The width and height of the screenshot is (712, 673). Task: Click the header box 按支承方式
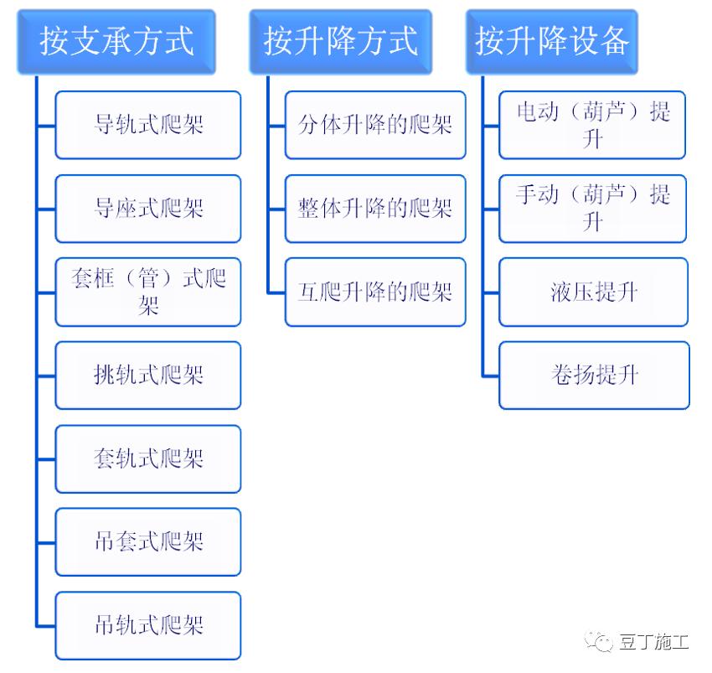(116, 41)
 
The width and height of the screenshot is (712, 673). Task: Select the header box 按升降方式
(340, 41)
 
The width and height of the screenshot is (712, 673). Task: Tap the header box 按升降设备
(552, 41)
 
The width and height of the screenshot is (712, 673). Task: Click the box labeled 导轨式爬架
(148, 125)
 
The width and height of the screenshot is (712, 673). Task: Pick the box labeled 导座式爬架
(148, 208)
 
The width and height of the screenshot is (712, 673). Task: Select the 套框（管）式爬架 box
(148, 292)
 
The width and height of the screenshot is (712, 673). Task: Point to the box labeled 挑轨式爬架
(148, 375)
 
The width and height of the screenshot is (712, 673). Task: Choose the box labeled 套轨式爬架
(148, 458)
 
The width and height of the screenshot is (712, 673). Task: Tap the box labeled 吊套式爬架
(148, 541)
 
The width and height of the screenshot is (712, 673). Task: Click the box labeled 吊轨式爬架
(148, 625)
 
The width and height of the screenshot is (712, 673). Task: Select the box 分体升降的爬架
(375, 125)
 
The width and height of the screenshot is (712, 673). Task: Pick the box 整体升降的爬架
(375, 208)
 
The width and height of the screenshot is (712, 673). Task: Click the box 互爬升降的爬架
(375, 292)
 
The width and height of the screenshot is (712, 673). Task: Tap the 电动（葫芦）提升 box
(593, 125)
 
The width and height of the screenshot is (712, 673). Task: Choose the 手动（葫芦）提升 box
(593, 208)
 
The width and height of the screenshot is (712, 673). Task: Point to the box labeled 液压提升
(593, 292)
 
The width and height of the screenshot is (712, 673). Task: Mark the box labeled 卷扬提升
(593, 375)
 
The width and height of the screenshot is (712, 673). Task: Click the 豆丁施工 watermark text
(655, 643)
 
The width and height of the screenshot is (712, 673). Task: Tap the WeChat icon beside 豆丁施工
(604, 643)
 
